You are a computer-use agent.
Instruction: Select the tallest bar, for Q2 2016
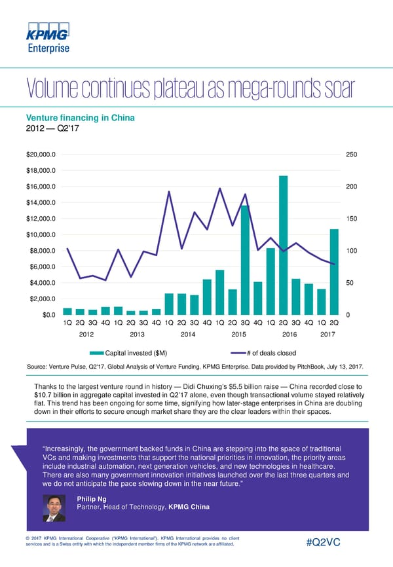pos(283,246)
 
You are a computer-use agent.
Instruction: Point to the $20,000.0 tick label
pos(40,155)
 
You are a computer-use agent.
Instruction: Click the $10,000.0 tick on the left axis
pos(40,235)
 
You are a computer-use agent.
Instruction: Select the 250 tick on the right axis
pos(351,155)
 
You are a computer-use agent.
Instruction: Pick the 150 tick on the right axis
pos(351,219)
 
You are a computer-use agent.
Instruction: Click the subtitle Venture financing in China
pos(80,118)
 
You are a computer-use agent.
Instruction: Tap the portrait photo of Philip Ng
pos(54,507)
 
